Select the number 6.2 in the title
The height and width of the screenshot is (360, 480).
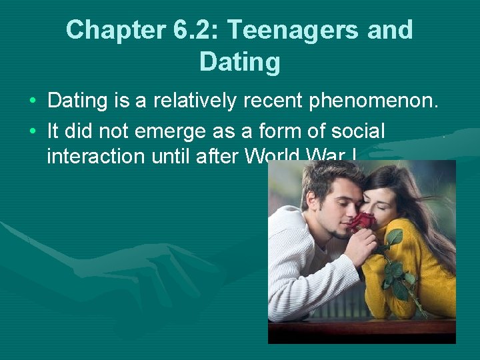185,30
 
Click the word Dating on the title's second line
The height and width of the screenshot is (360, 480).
239,62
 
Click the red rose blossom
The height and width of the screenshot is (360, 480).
363,222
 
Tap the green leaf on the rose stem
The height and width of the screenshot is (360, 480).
395,237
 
